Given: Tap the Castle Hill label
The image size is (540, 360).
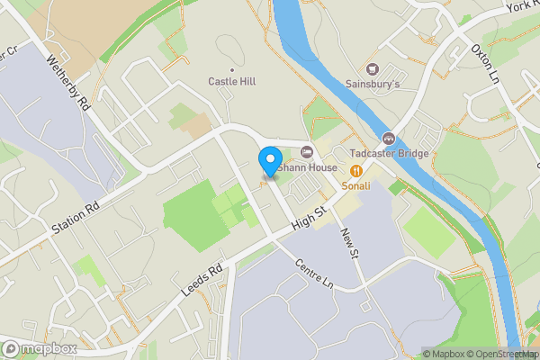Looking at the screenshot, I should [232, 81].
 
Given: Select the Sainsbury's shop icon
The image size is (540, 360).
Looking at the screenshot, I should [372, 69].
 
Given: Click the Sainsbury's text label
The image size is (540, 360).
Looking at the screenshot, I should [372, 85].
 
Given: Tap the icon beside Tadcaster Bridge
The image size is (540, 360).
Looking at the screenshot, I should [389, 138].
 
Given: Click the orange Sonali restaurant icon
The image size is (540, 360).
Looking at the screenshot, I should [356, 169].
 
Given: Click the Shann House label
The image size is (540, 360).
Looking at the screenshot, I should [309, 167].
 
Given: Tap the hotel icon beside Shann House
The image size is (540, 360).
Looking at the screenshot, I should [308, 151].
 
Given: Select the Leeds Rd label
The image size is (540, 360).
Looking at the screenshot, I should [202, 273].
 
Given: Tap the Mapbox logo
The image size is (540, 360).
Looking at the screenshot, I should [38, 348].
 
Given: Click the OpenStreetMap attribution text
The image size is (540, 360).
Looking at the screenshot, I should [499, 354].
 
